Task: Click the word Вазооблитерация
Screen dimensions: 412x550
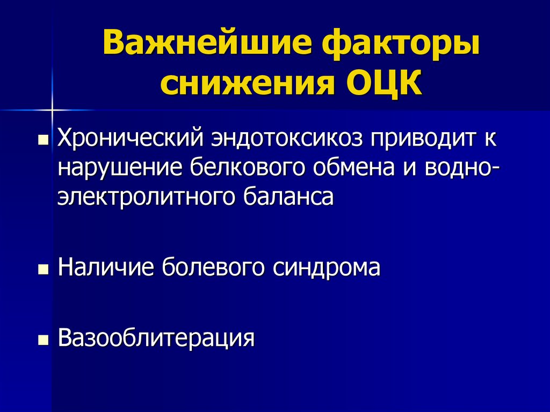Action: click(x=156, y=338)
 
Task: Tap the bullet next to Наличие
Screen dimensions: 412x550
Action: click(x=42, y=268)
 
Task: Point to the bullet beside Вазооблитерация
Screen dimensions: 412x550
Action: click(x=42, y=339)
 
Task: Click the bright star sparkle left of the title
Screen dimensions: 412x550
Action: click(x=53, y=110)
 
